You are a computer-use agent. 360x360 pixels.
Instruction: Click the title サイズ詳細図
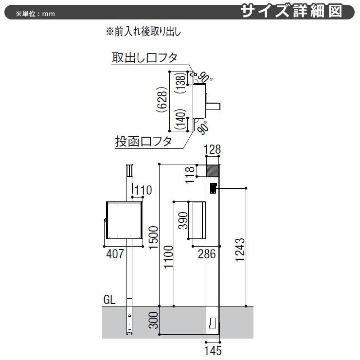tap(298, 11)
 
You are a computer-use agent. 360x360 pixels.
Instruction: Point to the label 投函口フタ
tap(143, 142)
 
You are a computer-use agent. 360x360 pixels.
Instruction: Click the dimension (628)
tap(162, 102)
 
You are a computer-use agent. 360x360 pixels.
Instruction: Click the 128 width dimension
tap(212, 151)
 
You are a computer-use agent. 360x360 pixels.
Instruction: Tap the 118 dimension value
tap(190, 171)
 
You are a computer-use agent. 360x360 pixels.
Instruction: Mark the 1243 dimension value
tap(240, 251)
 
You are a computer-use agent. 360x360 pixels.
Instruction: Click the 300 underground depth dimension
tap(153, 321)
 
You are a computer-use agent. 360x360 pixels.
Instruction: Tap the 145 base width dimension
tap(213, 350)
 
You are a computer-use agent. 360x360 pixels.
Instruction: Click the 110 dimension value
tap(143, 190)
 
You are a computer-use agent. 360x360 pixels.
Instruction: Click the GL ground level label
tap(109, 300)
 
